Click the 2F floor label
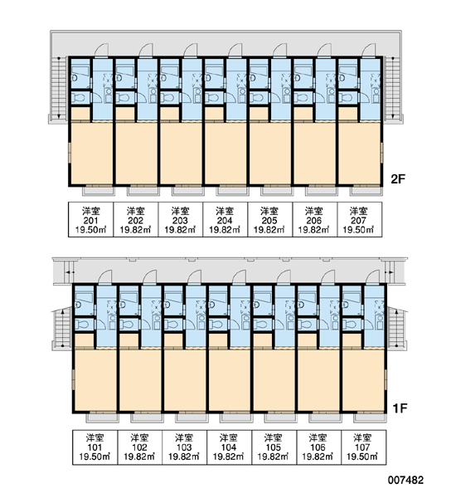tap(398, 179)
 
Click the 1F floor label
tap(400, 408)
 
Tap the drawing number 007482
tap(405, 480)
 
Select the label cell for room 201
tap(91, 219)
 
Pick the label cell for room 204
tap(225, 219)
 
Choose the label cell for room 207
tap(359, 219)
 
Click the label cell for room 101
tap(95, 447)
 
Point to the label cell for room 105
tap(274, 447)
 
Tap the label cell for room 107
tap(364, 447)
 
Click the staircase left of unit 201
tap(59, 88)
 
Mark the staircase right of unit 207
tap(393, 88)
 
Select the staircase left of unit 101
tap(62, 328)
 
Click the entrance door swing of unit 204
tap(234, 50)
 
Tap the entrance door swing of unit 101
tap(104, 277)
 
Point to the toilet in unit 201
tap(77, 97)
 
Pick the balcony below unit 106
tap(325, 418)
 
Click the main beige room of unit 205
tap(270, 153)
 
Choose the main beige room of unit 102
tap(140, 380)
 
